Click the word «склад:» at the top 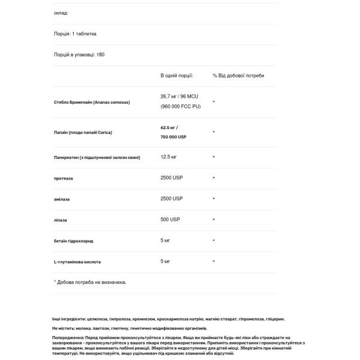point(61,12)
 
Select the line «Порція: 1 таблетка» point(75,34)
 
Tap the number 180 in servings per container point(100,55)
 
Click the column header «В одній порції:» point(176,76)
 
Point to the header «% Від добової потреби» point(238,76)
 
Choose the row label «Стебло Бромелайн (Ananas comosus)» point(91,102)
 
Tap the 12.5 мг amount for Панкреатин point(169,157)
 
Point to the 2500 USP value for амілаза point(172,198)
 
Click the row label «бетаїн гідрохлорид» point(73,241)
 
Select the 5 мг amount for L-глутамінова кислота point(166,261)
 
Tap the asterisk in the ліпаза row point(214,220)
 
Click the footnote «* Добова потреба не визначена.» point(90,281)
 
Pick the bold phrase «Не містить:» point(63,329)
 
